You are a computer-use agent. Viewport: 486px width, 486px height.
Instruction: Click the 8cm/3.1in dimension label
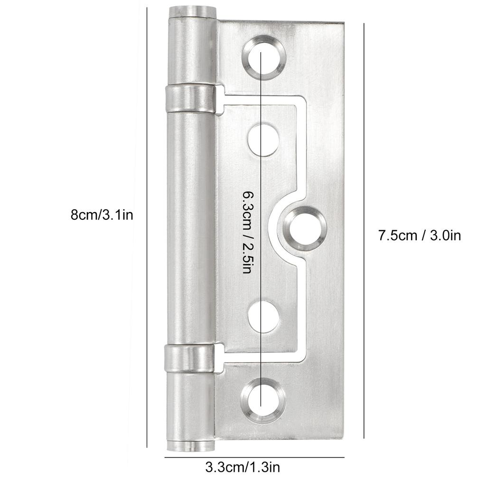tap(101, 215)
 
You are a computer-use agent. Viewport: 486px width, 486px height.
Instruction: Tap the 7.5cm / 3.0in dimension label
tap(419, 235)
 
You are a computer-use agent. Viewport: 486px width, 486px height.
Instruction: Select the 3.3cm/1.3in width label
tap(243, 467)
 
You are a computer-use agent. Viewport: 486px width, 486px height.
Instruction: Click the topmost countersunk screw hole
tap(264, 56)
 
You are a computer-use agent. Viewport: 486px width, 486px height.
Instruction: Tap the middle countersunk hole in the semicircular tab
tap(306, 229)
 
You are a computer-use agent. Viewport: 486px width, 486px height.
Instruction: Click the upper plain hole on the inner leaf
tap(263, 139)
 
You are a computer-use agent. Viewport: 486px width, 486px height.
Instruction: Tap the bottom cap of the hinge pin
tap(190, 447)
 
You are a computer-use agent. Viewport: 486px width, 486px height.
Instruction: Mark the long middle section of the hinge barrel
tap(191, 228)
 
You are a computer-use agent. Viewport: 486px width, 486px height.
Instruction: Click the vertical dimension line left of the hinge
tap(147, 228)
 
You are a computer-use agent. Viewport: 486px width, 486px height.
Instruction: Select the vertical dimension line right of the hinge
tap(364, 228)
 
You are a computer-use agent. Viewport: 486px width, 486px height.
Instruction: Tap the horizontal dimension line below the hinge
tap(254, 457)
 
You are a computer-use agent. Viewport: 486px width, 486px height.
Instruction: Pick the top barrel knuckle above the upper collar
tap(192, 52)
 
